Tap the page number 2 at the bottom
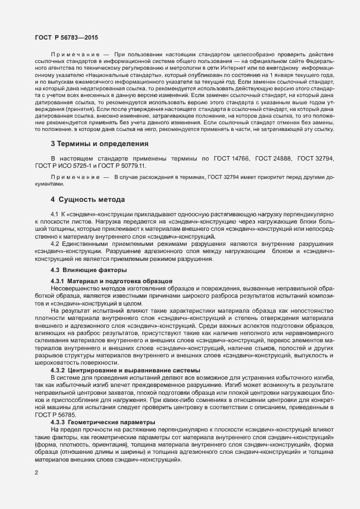point(36,473)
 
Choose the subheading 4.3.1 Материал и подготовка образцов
point(111,279)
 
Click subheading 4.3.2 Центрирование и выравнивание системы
point(121,371)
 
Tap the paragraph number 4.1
point(55,214)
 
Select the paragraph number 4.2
point(55,244)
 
